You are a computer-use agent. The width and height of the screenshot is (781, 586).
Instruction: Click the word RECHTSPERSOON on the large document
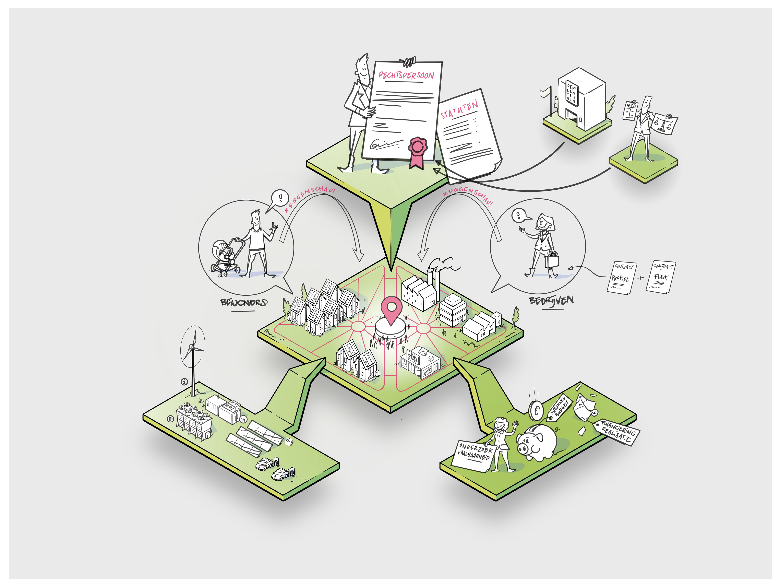(x=406, y=75)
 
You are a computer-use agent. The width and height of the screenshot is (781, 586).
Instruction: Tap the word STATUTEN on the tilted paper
(x=459, y=109)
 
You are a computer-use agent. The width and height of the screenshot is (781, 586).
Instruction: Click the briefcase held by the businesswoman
(x=552, y=261)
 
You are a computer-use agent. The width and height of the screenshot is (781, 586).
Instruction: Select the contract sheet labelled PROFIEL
(x=620, y=277)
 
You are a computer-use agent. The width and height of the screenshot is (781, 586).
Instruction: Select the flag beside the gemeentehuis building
(x=545, y=93)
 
